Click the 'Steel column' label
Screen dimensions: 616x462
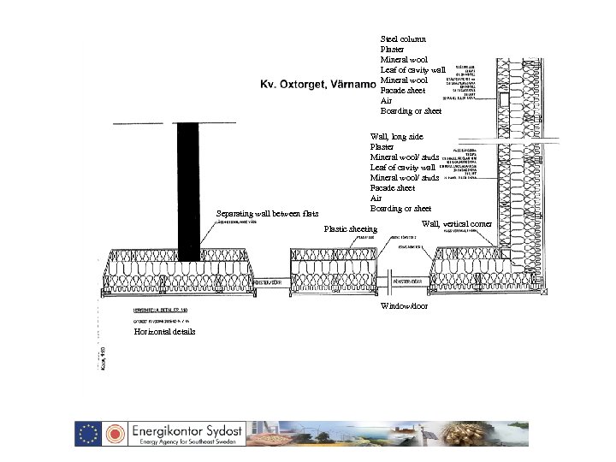point(400,38)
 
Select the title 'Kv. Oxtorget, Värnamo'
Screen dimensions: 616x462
point(317,85)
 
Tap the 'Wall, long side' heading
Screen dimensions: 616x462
point(396,136)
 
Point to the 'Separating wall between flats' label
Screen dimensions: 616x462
point(267,213)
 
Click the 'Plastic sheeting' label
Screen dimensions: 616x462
point(350,229)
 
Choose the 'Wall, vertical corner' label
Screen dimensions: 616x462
point(456,223)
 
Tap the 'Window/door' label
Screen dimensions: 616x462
point(404,305)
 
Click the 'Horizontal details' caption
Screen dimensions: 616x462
point(164,332)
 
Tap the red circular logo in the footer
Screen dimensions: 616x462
point(114,433)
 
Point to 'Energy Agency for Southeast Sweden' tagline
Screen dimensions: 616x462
point(186,442)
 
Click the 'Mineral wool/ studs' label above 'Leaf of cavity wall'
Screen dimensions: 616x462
point(404,157)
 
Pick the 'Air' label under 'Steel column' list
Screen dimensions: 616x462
point(386,101)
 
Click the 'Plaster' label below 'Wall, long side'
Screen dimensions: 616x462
point(382,146)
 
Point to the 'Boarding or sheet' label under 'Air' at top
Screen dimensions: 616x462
point(411,111)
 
